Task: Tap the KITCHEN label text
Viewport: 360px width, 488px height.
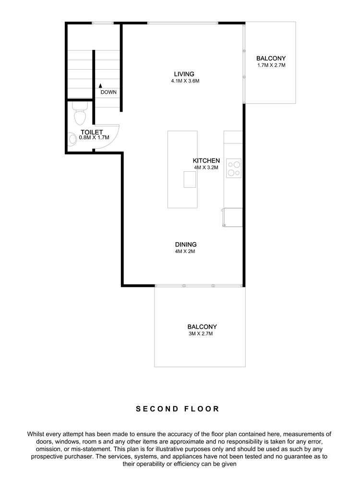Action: (x=206, y=161)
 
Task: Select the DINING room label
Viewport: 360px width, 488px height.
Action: (x=185, y=244)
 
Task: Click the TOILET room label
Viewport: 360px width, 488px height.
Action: (x=92, y=131)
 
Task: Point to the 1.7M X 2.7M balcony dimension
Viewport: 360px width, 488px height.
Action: (x=271, y=65)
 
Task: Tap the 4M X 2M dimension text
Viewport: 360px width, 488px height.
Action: (x=185, y=251)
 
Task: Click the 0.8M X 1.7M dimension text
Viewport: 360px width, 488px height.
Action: (x=94, y=138)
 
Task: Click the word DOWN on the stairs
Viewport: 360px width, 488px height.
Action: (x=108, y=92)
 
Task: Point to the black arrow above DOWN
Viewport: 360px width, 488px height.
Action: (x=100, y=86)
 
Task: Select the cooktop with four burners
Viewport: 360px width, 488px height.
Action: (x=234, y=168)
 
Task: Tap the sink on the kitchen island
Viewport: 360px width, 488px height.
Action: (x=190, y=179)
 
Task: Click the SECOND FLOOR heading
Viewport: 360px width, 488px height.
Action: (x=178, y=409)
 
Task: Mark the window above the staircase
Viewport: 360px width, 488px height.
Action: (x=102, y=23)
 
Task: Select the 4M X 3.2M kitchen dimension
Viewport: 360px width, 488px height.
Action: (x=206, y=168)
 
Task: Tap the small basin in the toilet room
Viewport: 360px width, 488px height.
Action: (x=70, y=139)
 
